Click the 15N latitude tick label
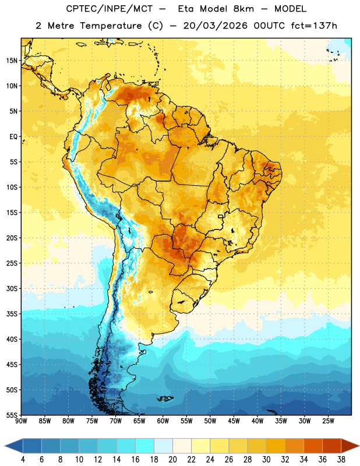pos(12,61)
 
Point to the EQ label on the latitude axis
pos(13,137)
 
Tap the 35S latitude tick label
pos(12,314)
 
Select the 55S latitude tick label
pos(12,415)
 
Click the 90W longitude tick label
pos(21,421)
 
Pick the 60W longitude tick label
pos(163,421)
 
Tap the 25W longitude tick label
pos(328,421)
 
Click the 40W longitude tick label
pos(257,421)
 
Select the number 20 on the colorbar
pos(172,460)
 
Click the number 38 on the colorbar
pos(341,460)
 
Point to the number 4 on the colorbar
pos(23,460)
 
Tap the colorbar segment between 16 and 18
pos(145,446)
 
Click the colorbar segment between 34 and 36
pos(313,446)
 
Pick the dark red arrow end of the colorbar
pos(350,446)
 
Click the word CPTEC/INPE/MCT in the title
pos(109,9)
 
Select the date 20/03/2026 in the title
pos(215,26)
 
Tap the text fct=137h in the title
pos(314,26)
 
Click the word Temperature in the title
pos(111,26)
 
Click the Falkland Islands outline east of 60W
pos(165,398)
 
